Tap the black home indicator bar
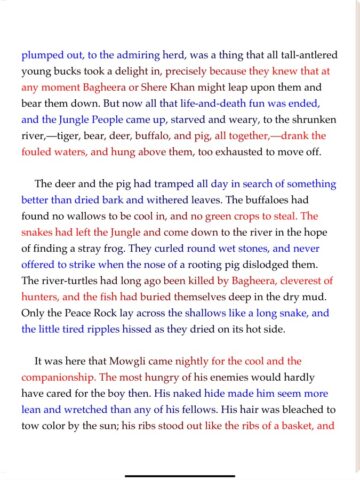coord(180,464)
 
